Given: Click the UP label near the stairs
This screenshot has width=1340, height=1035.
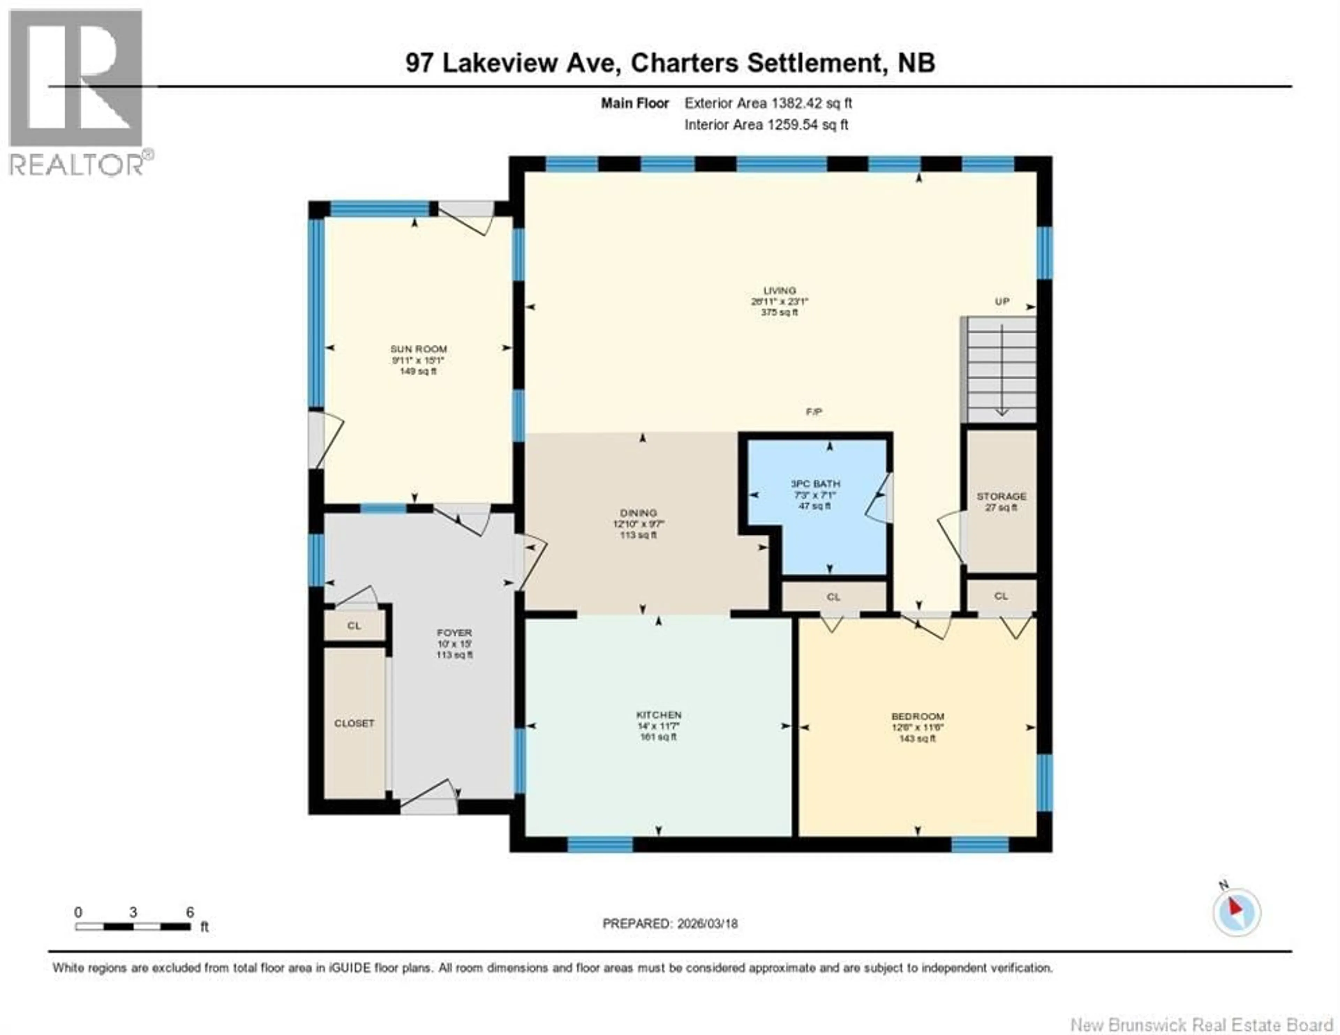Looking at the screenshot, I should click(1002, 302).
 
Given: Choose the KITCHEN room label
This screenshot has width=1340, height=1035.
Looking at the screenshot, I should click(658, 715).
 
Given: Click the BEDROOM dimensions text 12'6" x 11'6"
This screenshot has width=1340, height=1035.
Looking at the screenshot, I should click(917, 728).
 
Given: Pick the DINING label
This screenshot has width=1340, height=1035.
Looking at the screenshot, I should click(639, 513).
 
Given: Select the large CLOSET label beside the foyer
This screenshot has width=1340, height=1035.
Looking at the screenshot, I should click(354, 723).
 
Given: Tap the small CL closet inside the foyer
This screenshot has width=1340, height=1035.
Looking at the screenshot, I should click(354, 626).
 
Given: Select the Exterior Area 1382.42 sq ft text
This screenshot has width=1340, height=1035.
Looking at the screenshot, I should click(768, 103).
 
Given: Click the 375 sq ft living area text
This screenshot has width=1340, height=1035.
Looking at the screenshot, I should click(779, 312).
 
